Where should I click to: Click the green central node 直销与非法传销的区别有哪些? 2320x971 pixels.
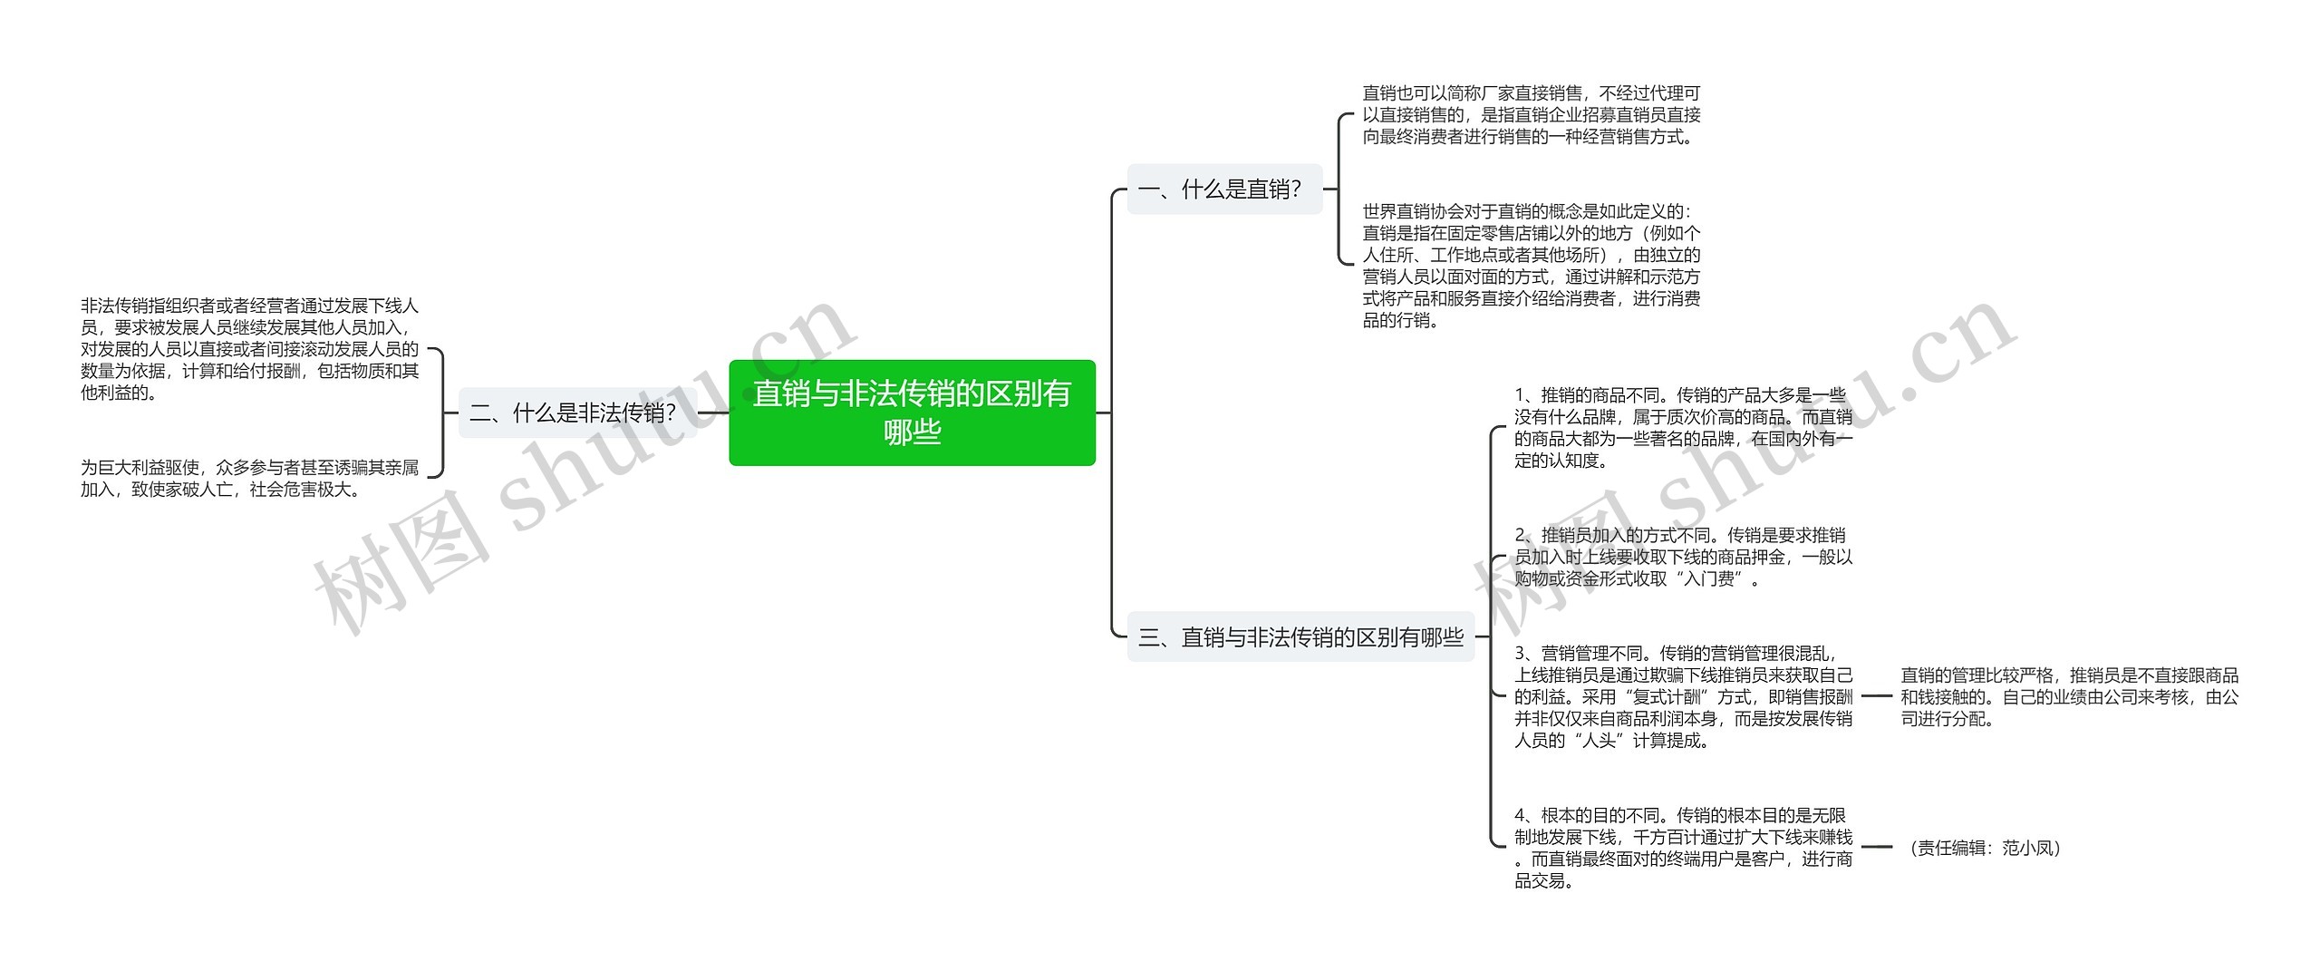[x=912, y=413]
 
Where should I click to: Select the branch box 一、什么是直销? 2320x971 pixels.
[x=1224, y=189]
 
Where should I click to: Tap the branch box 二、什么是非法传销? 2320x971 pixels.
[x=577, y=413]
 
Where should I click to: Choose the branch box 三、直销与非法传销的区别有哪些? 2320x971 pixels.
[x=1300, y=637]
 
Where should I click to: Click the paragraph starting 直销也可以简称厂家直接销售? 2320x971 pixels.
[x=1532, y=115]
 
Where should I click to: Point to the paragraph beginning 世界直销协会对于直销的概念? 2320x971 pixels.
[x=1532, y=266]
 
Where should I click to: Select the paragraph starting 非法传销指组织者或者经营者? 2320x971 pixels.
[x=250, y=349]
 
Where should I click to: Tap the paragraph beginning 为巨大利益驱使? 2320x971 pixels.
[x=250, y=479]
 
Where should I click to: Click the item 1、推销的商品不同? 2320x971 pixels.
[x=1684, y=428]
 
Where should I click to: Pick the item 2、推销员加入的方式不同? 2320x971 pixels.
[x=1684, y=557]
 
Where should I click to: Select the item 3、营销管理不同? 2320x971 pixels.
[x=1684, y=697]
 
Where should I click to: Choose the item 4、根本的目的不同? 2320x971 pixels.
[x=1684, y=848]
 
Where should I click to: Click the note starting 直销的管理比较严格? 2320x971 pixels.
[x=2070, y=697]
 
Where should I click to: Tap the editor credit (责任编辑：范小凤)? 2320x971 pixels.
[x=1985, y=848]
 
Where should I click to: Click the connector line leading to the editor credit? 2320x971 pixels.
[x=1877, y=847]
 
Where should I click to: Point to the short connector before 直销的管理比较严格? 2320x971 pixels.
[x=1877, y=696]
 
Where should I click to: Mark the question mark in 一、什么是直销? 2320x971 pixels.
[x=1296, y=189]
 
